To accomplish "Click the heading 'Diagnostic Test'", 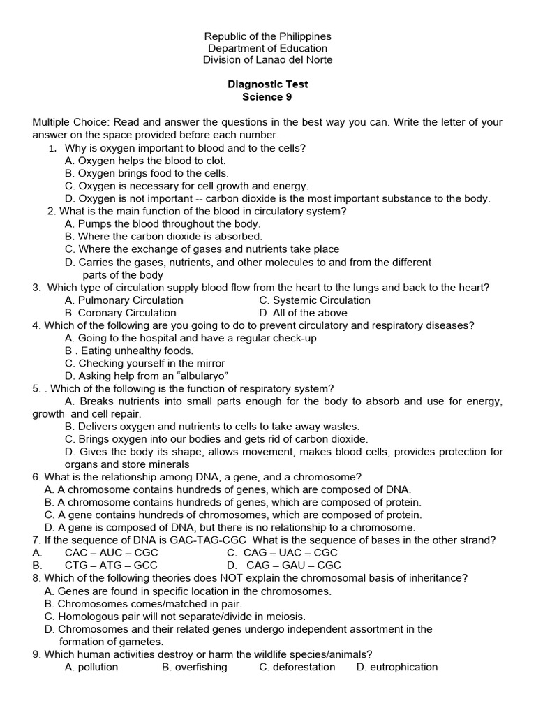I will [x=267, y=84].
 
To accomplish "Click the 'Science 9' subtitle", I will [x=267, y=97].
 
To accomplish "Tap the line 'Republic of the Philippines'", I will [x=267, y=36].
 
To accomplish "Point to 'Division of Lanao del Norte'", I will [x=267, y=60].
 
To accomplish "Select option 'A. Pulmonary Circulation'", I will [x=124, y=300].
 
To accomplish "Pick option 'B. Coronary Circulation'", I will [x=120, y=313].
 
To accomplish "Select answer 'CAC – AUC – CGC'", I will [x=111, y=552].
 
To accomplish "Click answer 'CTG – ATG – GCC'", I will [x=111, y=565].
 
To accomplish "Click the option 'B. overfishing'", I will [x=195, y=667].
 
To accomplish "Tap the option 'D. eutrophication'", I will [x=397, y=667].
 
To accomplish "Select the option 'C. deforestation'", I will [x=297, y=667].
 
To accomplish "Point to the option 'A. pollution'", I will [x=91, y=667].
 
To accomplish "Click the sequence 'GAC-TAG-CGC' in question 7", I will [x=204, y=540].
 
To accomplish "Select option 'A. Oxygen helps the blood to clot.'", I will [x=145, y=161].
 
